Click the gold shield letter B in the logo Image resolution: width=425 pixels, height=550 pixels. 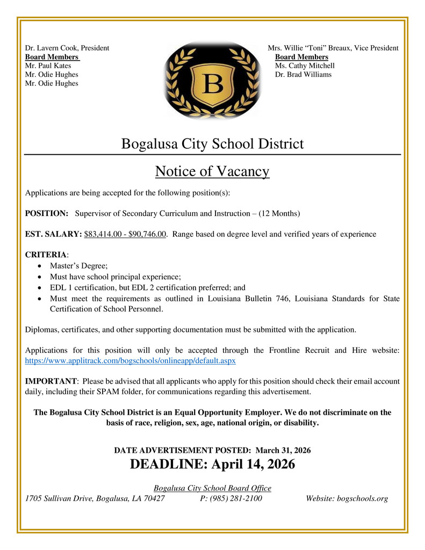(x=213, y=84)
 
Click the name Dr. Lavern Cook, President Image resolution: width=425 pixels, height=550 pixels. (x=67, y=48)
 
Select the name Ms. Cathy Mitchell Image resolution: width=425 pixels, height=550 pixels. (x=305, y=66)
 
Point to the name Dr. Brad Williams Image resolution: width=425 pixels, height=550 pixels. (x=303, y=74)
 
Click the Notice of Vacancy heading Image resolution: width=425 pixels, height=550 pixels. (x=212, y=171)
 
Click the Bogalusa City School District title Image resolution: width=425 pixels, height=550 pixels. (x=212, y=144)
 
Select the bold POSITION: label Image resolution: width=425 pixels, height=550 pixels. (x=47, y=213)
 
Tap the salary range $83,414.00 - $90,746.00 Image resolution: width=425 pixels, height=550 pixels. (x=125, y=234)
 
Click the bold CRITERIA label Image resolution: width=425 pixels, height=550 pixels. (x=46, y=255)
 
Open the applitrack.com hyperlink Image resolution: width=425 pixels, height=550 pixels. (x=131, y=361)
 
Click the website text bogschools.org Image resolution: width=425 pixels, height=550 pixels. (x=362, y=498)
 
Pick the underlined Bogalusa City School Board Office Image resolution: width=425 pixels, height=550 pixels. (x=212, y=488)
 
